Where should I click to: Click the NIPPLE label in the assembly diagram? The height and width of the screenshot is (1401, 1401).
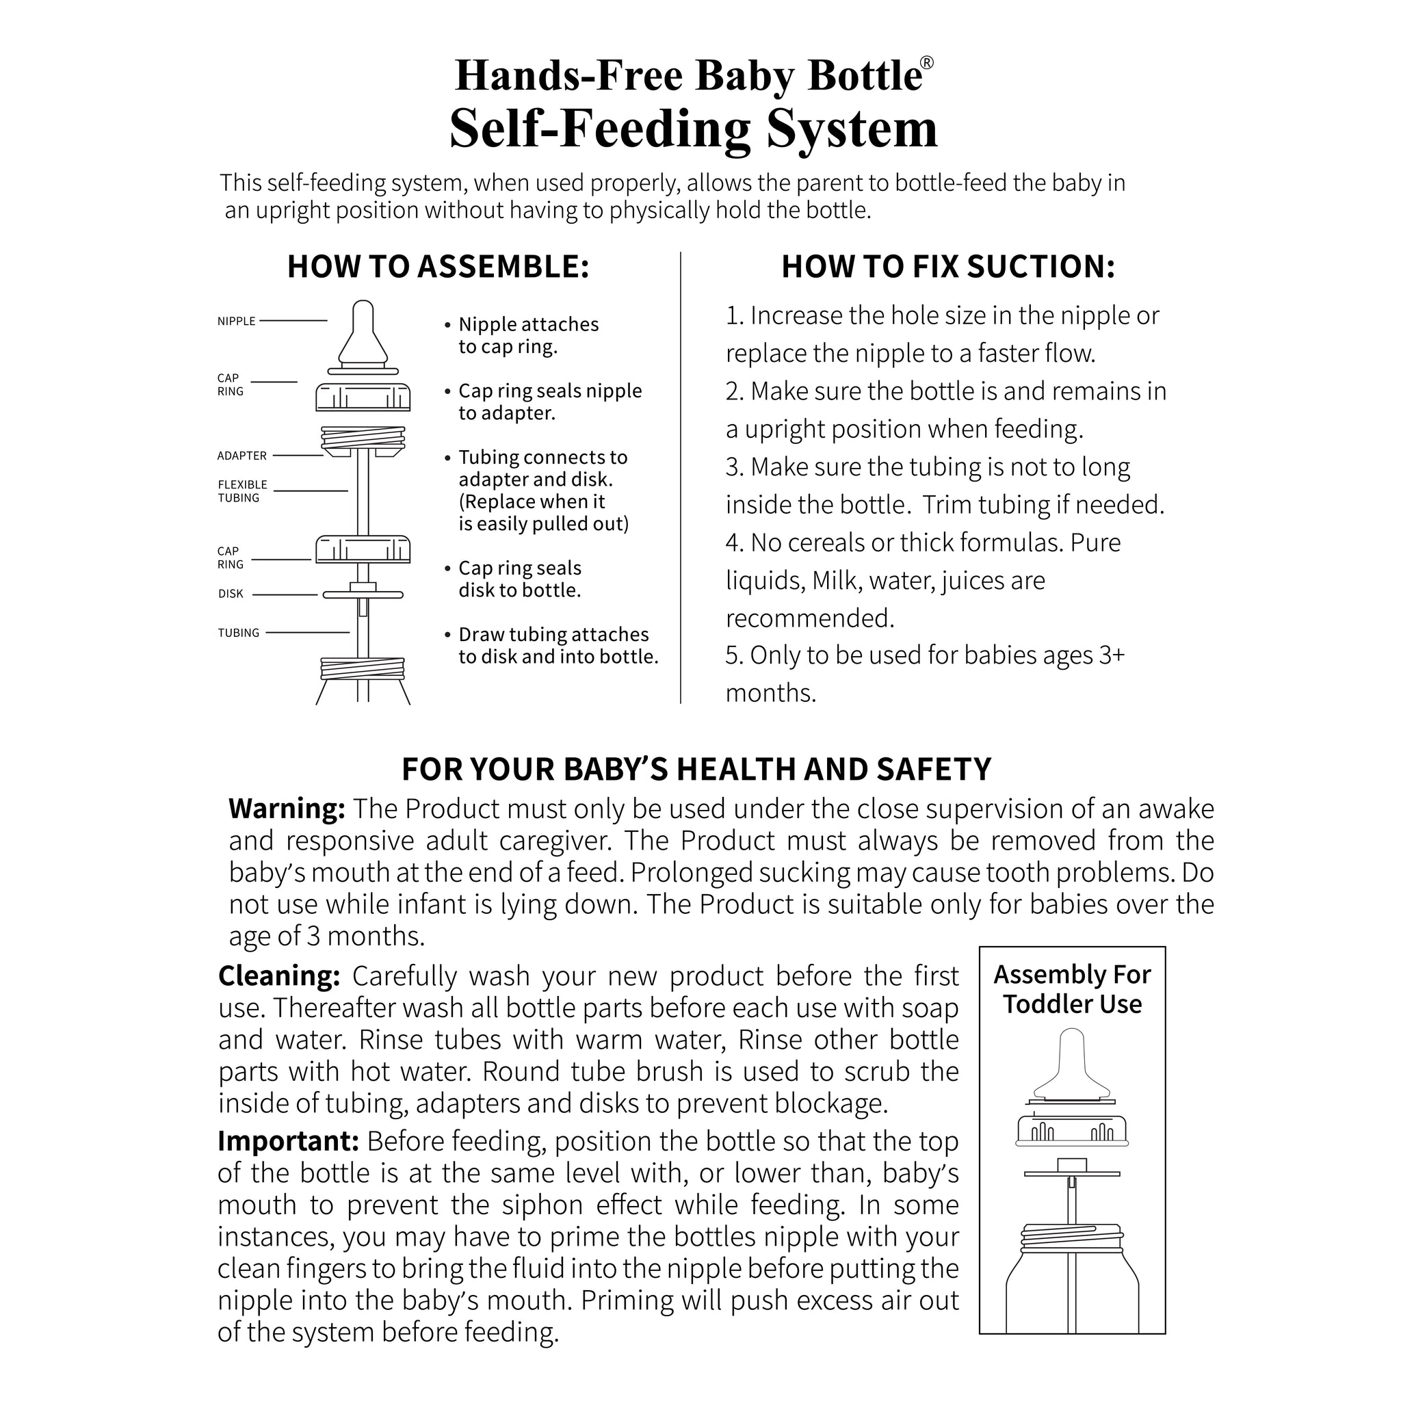click(x=237, y=322)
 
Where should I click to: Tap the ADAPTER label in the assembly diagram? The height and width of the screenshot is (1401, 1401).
click(x=241, y=456)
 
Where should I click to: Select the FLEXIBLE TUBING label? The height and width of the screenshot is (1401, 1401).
click(x=242, y=492)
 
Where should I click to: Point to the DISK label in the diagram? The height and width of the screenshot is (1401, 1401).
click(x=231, y=594)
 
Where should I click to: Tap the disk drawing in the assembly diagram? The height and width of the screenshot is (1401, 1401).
click(x=363, y=594)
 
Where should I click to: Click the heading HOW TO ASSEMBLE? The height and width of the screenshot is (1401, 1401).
click(x=438, y=267)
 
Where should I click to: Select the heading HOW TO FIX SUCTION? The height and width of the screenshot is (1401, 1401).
click(x=947, y=267)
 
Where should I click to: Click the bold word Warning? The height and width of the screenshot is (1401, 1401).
click(x=287, y=809)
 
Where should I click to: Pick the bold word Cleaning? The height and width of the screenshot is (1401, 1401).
click(x=279, y=976)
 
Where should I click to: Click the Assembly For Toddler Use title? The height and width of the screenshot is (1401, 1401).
click(x=1072, y=990)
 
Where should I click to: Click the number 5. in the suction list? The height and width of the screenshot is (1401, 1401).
click(x=734, y=655)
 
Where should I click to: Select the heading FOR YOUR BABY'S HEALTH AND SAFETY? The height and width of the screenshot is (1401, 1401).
click(x=696, y=770)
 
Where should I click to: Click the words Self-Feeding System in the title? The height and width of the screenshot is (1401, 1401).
click(x=693, y=129)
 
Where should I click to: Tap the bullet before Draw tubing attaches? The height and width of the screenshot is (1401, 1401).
click(x=448, y=636)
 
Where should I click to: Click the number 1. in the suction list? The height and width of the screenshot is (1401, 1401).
click(x=734, y=316)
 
